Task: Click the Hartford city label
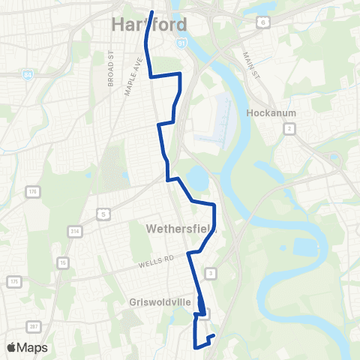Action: click(x=149, y=24)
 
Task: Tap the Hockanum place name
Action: click(x=268, y=114)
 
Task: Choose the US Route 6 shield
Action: click(x=262, y=23)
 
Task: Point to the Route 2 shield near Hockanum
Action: click(x=289, y=128)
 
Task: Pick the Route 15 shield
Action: click(x=63, y=262)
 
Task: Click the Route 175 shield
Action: click(x=14, y=281)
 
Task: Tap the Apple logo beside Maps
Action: click(x=11, y=347)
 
